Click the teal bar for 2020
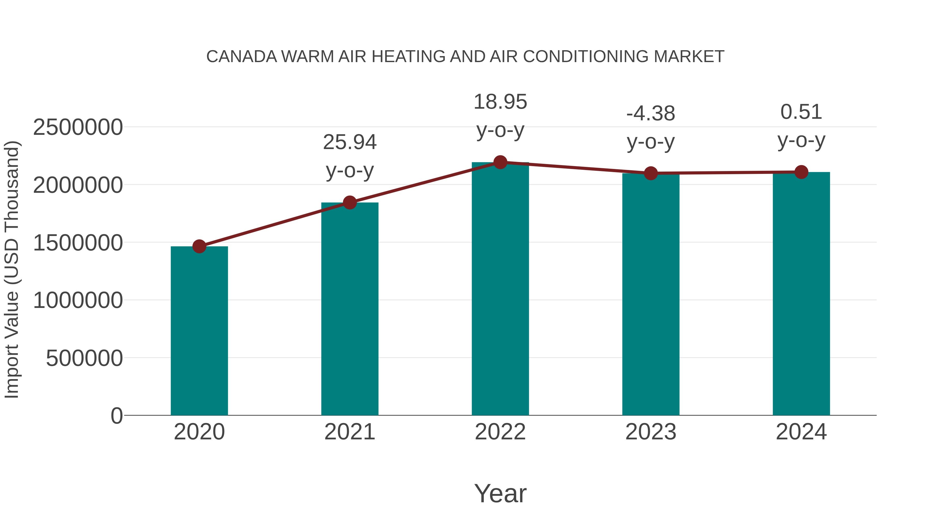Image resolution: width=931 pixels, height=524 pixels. [199, 331]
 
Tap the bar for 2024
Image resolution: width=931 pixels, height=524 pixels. [801, 294]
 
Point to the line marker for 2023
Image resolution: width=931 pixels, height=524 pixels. [651, 174]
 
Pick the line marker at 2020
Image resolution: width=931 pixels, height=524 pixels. [199, 247]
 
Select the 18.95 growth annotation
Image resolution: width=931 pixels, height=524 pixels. [500, 102]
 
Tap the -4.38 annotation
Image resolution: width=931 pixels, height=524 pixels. [651, 114]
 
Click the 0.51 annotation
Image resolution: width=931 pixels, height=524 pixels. [801, 112]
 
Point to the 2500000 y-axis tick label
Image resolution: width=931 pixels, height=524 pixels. [78, 127]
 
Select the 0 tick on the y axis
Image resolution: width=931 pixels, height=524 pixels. [117, 416]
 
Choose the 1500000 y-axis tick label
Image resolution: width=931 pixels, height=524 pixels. [78, 243]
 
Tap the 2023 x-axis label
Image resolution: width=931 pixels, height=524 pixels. [651, 432]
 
